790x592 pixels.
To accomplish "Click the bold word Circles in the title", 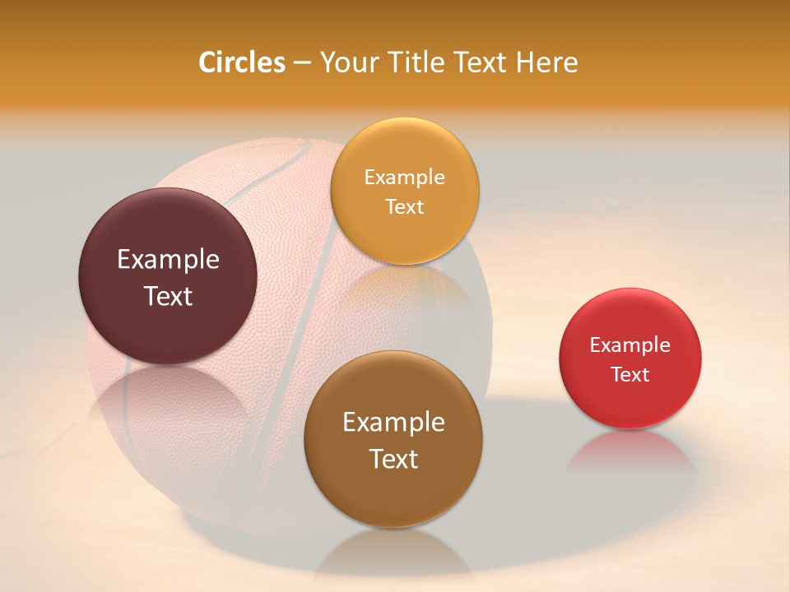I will pos(242,62).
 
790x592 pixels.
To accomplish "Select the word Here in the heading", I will pos(547,62).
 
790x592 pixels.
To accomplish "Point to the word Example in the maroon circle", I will pos(168,260).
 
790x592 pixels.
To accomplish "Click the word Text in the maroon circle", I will pos(168,296).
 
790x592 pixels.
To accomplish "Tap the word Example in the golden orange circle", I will pos(404,177).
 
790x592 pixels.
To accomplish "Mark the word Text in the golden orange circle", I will pos(404,206).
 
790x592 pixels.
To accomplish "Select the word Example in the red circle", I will pos(630,345).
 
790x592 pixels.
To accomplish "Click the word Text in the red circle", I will pos(630,374).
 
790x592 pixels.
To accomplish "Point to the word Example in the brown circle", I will pos(393,422).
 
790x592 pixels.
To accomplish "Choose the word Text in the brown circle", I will pos(393,459).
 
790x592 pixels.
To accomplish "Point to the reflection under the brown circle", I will pos(393,555).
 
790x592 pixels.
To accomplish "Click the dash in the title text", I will pos(302,62).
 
